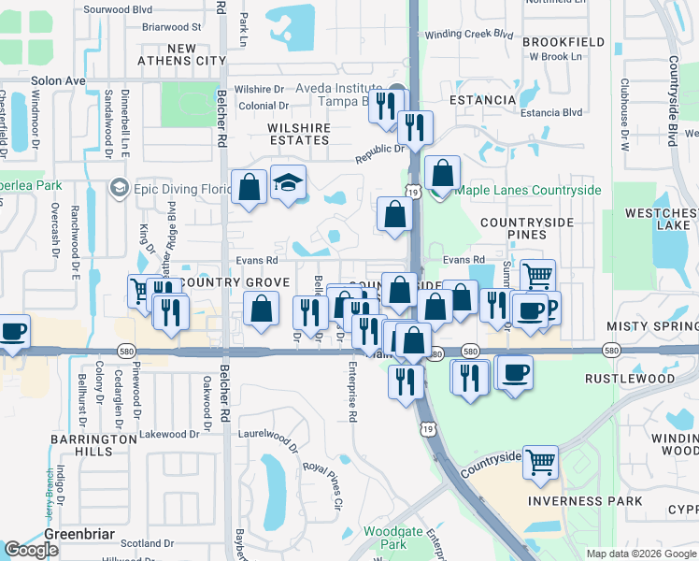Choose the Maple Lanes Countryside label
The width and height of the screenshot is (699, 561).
[x=528, y=190]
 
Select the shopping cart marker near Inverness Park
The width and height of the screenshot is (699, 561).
[x=540, y=462]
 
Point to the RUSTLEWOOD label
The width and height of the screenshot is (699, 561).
[x=629, y=379]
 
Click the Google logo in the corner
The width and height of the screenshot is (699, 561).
[x=31, y=550]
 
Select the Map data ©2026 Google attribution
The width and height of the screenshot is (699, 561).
[x=641, y=554]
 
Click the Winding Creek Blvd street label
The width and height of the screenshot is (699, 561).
[x=469, y=34]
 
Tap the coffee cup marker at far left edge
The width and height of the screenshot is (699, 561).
[x=12, y=332]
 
